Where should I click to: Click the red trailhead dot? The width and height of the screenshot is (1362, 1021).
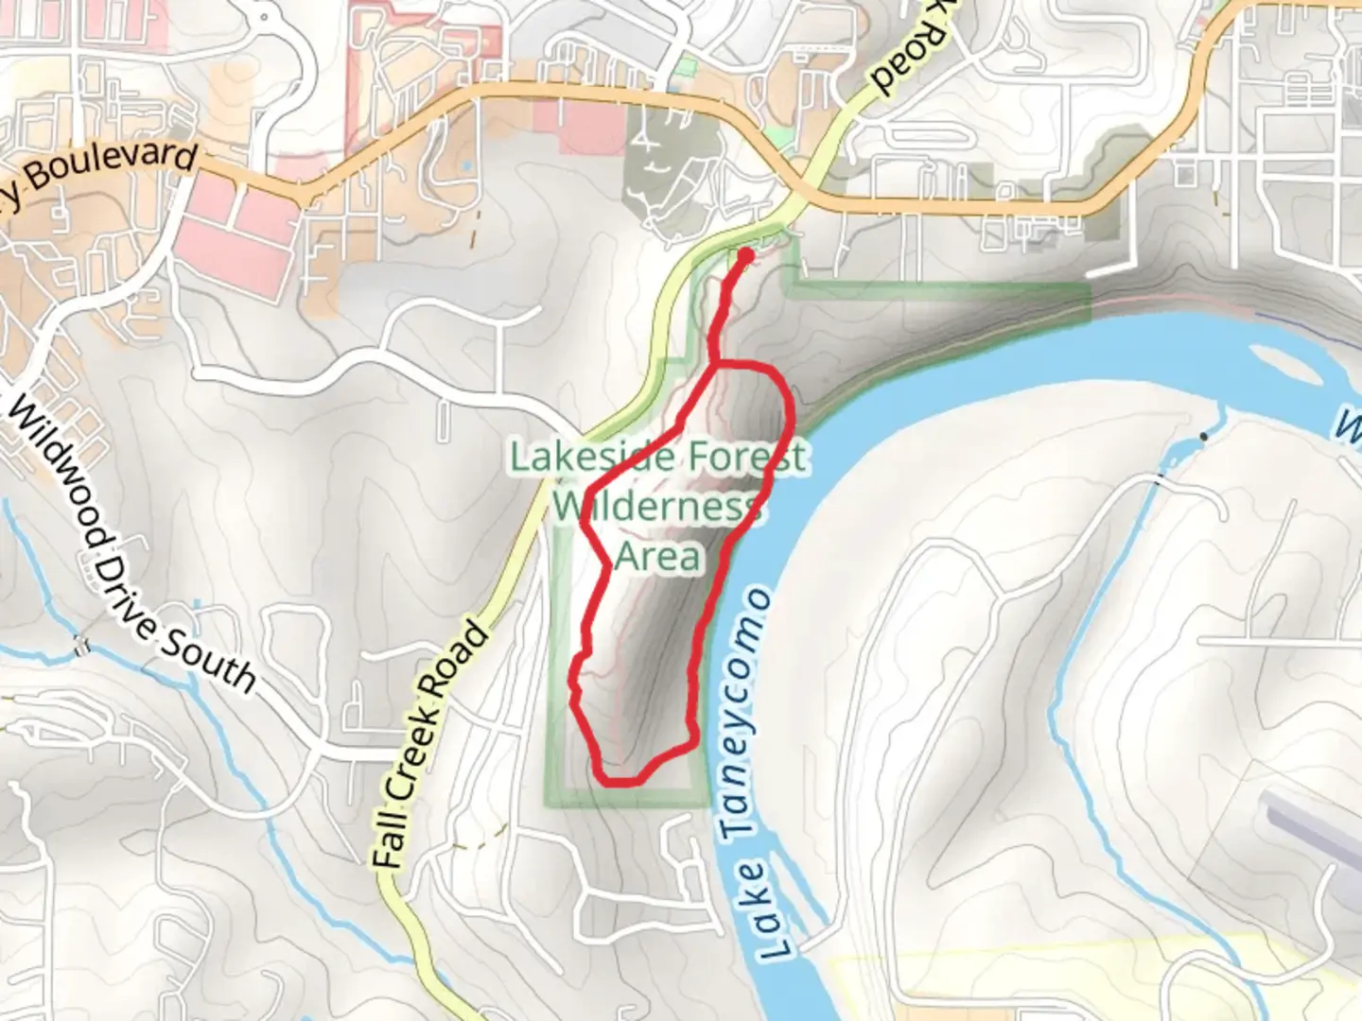tap(745, 255)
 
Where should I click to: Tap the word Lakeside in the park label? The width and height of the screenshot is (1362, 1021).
tap(593, 458)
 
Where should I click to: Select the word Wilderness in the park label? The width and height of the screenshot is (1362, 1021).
tap(657, 507)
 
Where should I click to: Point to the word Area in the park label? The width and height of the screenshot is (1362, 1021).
tap(658, 556)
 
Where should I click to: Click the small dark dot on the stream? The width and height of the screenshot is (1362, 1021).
tap(1203, 437)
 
